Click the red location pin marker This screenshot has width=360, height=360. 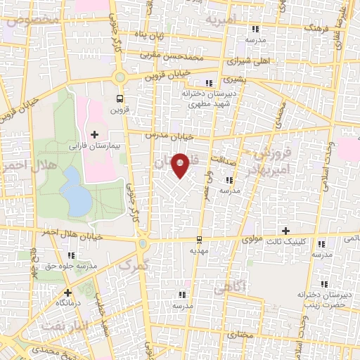pyautogui.click(x=181, y=165)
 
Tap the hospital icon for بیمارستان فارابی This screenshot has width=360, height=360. pyautogui.click(x=95, y=134)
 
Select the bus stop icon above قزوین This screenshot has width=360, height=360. pyautogui.click(x=119, y=98)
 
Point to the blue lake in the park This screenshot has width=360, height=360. pyautogui.click(x=75, y=191)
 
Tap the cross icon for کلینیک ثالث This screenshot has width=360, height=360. pyautogui.click(x=285, y=231)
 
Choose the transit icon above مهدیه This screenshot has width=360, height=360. pyautogui.click(x=200, y=239)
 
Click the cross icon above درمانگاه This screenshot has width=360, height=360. pyautogui.click(x=67, y=292)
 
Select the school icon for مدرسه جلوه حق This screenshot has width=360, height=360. pyautogui.click(x=70, y=255)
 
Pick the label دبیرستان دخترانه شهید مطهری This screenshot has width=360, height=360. pyautogui.click(x=212, y=98)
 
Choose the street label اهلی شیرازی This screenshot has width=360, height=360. pyautogui.click(x=253, y=61)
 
